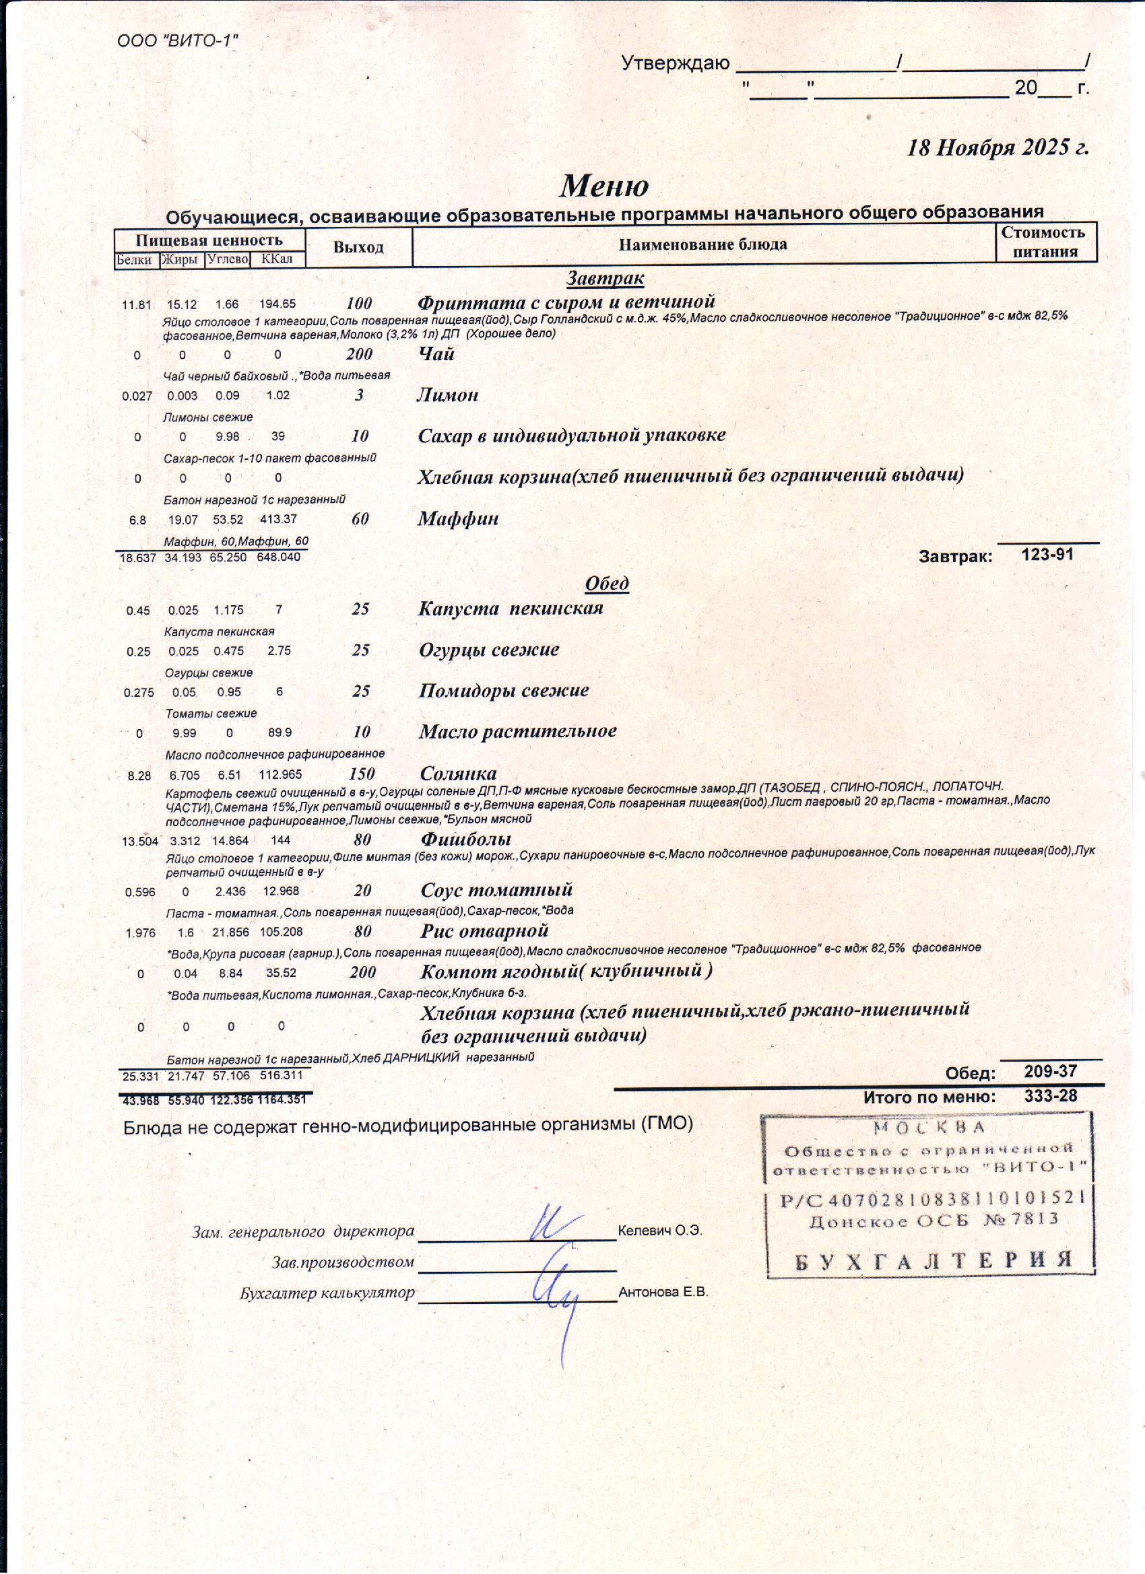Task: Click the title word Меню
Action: point(603,186)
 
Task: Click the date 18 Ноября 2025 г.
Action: point(997,148)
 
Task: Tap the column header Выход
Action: point(358,248)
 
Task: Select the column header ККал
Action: point(277,260)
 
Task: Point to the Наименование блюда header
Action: point(702,245)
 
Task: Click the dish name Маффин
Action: point(457,518)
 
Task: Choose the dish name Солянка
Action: point(458,773)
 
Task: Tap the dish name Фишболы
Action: point(465,839)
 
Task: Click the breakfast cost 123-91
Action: point(1047,554)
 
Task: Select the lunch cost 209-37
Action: point(1050,1072)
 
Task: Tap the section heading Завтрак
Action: point(605,278)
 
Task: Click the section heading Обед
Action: point(607,583)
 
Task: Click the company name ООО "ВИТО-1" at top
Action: point(178,41)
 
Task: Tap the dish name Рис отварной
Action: point(484,930)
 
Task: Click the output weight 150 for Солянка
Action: point(362,774)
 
